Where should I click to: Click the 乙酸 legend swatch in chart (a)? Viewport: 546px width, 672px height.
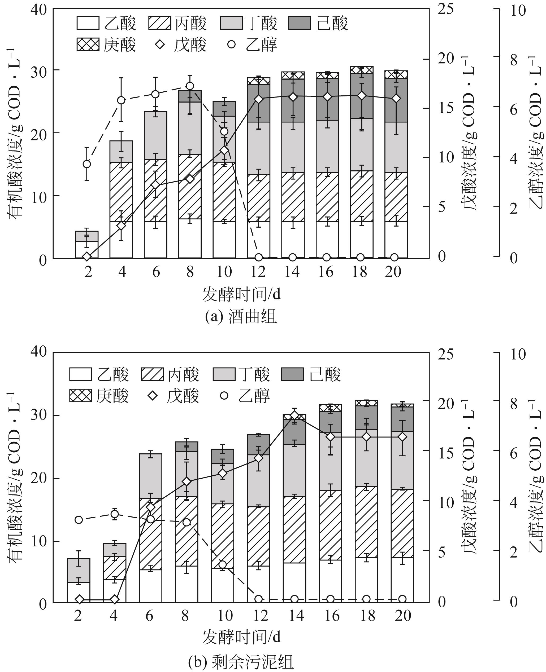coord(88,23)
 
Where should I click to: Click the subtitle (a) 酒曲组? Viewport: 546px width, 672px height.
coord(241,317)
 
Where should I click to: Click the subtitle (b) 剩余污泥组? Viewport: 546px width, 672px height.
coord(241,660)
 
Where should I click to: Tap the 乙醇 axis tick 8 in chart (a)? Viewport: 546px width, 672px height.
coord(513,60)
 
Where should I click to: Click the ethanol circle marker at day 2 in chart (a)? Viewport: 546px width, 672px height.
coord(87,164)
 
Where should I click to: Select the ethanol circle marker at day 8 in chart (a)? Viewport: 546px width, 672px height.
coord(190,86)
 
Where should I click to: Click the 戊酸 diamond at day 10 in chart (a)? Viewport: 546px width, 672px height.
coord(224,150)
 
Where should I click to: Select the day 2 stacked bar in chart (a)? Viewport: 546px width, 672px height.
coord(87,245)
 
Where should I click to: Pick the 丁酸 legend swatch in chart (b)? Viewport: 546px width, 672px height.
coord(224,374)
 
